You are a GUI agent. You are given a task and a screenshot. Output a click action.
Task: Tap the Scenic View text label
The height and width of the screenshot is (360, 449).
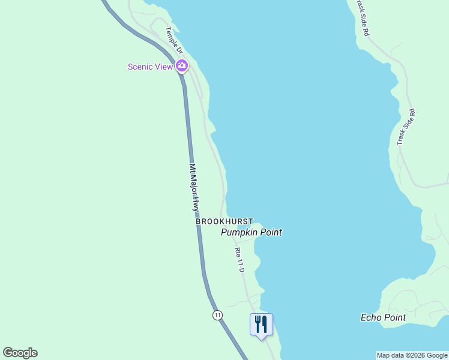point(150,67)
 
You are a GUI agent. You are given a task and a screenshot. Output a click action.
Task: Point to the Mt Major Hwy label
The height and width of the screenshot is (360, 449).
point(194,187)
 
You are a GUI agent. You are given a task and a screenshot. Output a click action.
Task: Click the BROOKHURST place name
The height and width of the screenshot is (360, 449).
point(224,221)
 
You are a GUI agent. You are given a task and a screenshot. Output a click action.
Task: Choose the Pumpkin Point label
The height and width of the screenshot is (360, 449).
point(252,232)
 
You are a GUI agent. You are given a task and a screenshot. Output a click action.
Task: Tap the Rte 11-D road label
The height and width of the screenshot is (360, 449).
point(240,263)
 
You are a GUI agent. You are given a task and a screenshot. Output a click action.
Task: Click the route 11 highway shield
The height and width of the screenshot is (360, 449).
point(217,315)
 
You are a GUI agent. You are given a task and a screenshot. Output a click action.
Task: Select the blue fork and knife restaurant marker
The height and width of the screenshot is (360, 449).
point(261,325)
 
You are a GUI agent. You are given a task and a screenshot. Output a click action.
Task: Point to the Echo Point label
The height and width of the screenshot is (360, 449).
point(383,317)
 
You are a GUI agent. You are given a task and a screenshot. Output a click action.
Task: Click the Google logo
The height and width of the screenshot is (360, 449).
point(20,353)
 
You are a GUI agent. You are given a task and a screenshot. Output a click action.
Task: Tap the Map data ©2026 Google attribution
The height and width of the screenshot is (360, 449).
point(412,355)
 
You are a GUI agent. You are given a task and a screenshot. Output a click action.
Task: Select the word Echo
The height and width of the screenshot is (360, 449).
point(370,317)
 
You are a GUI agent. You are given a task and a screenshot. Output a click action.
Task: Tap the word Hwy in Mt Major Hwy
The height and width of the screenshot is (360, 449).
point(196,205)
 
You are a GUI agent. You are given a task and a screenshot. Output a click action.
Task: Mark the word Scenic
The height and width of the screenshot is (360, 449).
point(140,67)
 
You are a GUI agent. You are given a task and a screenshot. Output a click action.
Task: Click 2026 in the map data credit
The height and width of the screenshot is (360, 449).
point(415,355)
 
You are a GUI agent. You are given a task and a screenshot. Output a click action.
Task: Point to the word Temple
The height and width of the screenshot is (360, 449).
point(172,37)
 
